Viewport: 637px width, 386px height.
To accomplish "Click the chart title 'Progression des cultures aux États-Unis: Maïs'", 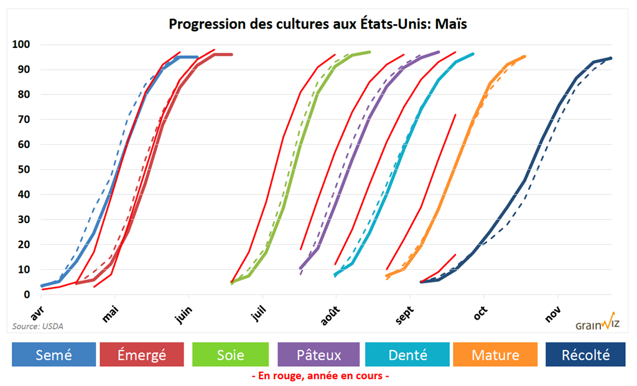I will pyautogui.click(x=318, y=24).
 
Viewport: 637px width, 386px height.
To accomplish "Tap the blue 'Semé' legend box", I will pyautogui.click(x=53, y=355).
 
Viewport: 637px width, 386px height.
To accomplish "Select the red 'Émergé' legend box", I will pyautogui.click(x=141, y=355).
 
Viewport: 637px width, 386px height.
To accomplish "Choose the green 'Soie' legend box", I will pyautogui.click(x=231, y=355).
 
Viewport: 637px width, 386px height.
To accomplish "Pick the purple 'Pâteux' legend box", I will pyautogui.click(x=318, y=355).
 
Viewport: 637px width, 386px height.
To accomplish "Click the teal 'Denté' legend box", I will pyautogui.click(x=407, y=355).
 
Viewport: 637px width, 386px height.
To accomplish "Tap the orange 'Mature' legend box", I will pyautogui.click(x=495, y=355).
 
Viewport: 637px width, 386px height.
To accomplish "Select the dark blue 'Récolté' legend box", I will pyautogui.click(x=585, y=355).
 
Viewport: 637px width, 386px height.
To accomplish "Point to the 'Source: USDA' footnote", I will pyautogui.click(x=37, y=326).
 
